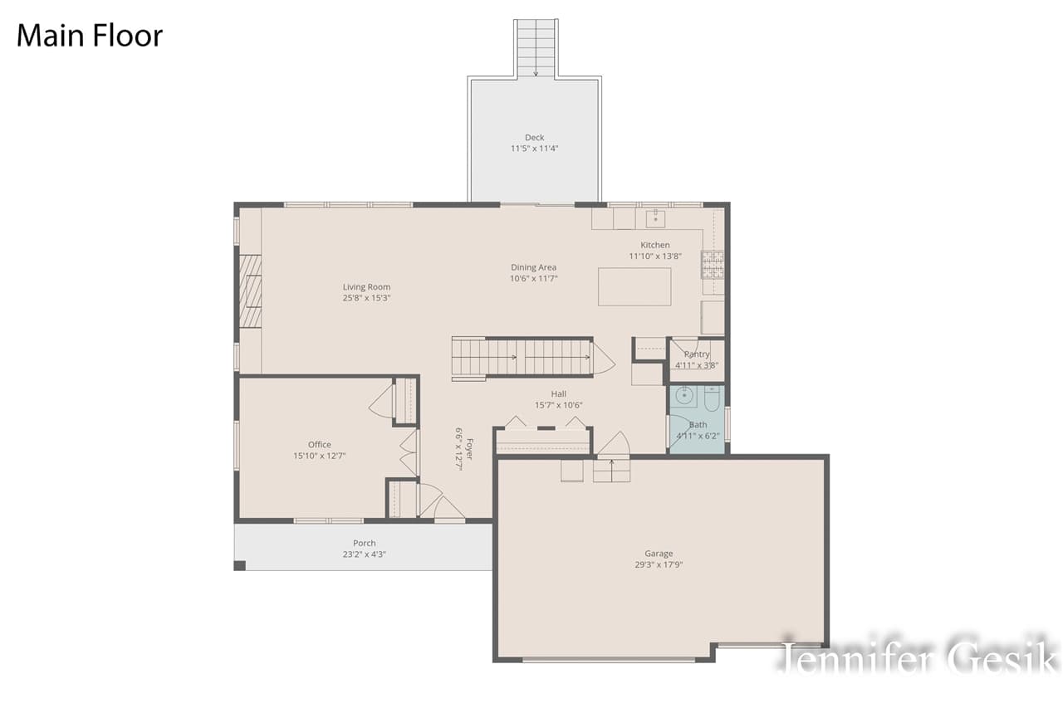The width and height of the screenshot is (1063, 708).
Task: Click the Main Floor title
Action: point(90,36)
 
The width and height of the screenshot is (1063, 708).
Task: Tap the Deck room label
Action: point(534,138)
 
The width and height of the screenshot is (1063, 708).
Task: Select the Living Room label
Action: point(366,287)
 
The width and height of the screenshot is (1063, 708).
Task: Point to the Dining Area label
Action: point(533,267)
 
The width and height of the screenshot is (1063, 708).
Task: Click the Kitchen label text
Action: point(654,245)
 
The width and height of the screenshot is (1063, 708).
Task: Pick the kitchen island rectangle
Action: point(634,286)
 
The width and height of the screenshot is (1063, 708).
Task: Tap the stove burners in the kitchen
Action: point(713,264)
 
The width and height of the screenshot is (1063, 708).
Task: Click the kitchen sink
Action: point(655,218)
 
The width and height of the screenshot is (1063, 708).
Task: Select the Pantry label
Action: point(697,354)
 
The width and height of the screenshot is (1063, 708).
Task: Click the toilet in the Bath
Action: point(712,400)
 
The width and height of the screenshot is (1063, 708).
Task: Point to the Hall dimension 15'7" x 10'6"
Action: point(558,405)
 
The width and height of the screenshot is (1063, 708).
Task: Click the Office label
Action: point(319,445)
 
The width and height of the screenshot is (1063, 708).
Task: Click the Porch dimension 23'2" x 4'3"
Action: point(364,554)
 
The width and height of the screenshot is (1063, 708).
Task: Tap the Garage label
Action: point(659,554)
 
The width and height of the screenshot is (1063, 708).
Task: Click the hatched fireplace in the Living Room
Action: point(250,291)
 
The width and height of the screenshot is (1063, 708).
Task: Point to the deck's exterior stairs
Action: point(536,48)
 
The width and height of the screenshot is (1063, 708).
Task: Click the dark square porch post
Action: point(239,565)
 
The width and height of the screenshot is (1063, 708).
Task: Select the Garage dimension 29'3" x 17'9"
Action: point(659,564)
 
